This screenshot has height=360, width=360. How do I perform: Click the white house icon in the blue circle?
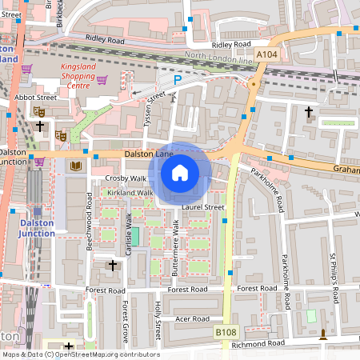click(x=180, y=173)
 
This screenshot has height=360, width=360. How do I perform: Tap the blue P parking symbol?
click(x=178, y=80)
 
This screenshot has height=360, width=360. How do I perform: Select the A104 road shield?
click(x=267, y=54)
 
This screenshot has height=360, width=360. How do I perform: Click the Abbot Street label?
click(x=36, y=97)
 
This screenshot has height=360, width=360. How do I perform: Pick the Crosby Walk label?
click(x=126, y=178)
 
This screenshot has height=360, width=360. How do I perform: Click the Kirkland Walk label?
click(x=129, y=193)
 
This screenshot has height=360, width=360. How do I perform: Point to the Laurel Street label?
click(x=202, y=207)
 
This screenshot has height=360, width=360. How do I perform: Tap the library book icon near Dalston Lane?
click(x=76, y=166)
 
